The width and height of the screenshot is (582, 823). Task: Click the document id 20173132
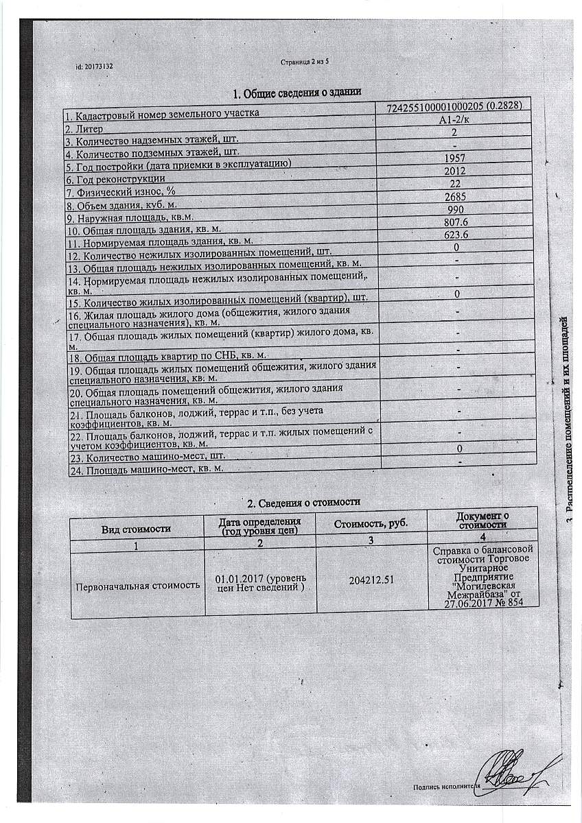tap(94, 67)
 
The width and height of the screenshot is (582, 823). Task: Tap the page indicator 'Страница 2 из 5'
tap(305, 62)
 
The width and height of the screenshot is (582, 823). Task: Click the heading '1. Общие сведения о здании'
tap(296, 93)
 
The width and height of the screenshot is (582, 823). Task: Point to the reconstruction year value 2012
tap(454, 171)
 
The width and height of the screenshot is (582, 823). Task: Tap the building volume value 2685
tap(455, 197)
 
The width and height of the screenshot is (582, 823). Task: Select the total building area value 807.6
tap(454, 222)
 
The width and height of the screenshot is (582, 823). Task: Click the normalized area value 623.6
tap(454, 235)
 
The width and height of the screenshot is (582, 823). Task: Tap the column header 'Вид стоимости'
tap(137, 529)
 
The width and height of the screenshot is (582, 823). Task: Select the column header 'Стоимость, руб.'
tap(371, 524)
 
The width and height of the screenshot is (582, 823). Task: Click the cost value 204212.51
tap(371, 580)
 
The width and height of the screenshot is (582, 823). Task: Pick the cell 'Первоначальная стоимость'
tap(137, 585)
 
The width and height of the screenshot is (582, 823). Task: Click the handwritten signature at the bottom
tap(511, 775)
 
